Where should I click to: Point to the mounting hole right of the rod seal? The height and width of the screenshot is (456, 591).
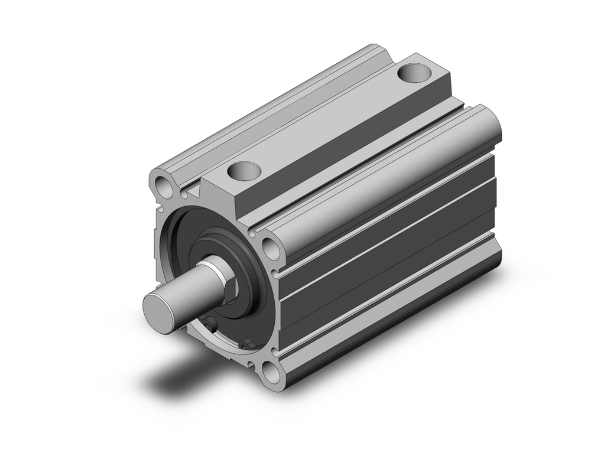click(271, 249)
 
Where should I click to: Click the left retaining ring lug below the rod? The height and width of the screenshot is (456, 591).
click(208, 324)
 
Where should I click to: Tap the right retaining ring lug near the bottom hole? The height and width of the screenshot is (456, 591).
click(247, 343)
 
